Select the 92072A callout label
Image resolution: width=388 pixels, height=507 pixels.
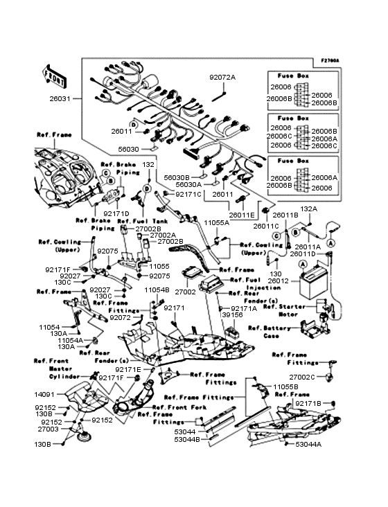(x=223, y=78)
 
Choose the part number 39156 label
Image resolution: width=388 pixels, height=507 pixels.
(x=231, y=316)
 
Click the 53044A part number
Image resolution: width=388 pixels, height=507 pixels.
(x=308, y=445)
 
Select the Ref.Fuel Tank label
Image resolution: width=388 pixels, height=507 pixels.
(x=141, y=221)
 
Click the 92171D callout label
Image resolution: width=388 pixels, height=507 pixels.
(x=116, y=213)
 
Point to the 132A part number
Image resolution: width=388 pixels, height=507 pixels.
(x=308, y=208)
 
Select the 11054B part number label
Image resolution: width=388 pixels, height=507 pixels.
(x=157, y=289)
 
